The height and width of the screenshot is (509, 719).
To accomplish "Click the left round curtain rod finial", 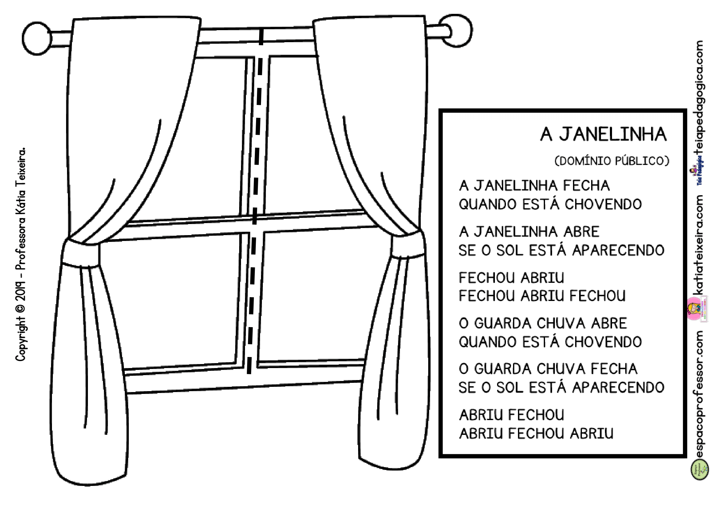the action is point(37,38).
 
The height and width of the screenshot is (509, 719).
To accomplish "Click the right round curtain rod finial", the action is point(456,31).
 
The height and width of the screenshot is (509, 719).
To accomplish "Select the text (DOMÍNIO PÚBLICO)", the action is point(612,161).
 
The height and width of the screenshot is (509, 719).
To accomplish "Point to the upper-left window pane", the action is point(200,138).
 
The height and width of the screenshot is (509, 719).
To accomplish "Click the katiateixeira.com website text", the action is point(698,245).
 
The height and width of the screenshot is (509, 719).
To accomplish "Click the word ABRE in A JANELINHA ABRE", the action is point(581,232).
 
